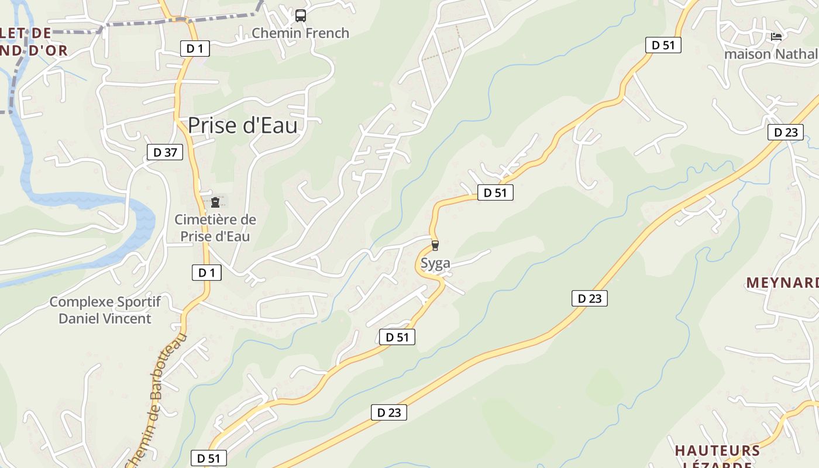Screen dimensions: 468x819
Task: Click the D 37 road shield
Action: (x=164, y=153)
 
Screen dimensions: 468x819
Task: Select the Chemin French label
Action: (x=300, y=33)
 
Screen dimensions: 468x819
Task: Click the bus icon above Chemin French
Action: (x=300, y=16)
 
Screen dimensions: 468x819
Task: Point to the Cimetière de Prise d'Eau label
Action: (x=215, y=228)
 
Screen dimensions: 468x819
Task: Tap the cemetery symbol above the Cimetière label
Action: (x=215, y=202)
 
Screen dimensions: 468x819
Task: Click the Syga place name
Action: (x=435, y=263)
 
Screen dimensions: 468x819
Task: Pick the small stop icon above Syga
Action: (x=435, y=246)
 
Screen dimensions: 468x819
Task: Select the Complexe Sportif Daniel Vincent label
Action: (x=105, y=310)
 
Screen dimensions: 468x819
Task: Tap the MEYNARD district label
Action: (x=782, y=283)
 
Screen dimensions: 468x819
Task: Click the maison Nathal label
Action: (x=770, y=54)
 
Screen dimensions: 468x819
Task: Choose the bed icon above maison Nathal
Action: (x=776, y=37)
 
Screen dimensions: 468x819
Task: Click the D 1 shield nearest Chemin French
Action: (x=195, y=49)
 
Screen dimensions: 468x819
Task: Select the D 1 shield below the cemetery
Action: (x=207, y=272)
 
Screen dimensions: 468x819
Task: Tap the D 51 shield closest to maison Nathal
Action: (x=663, y=45)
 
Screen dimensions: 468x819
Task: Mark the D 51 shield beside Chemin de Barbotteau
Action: (x=208, y=458)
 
